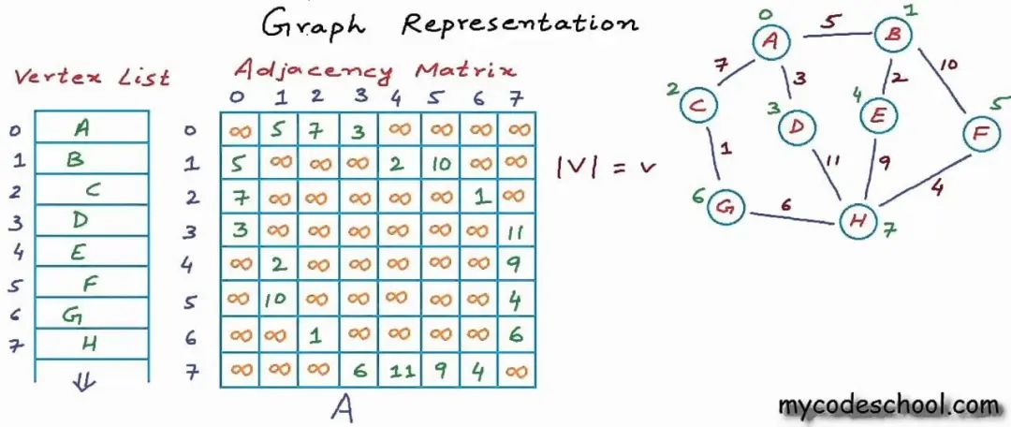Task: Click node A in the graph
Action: click(x=772, y=41)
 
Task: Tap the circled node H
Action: click(x=857, y=220)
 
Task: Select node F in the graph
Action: click(x=980, y=135)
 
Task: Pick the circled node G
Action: click(x=725, y=204)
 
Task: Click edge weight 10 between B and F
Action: click(x=948, y=66)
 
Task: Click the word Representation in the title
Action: click(x=519, y=23)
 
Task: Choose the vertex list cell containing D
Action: click(x=91, y=220)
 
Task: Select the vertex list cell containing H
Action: click(x=91, y=343)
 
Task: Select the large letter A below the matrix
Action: click(x=343, y=409)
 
